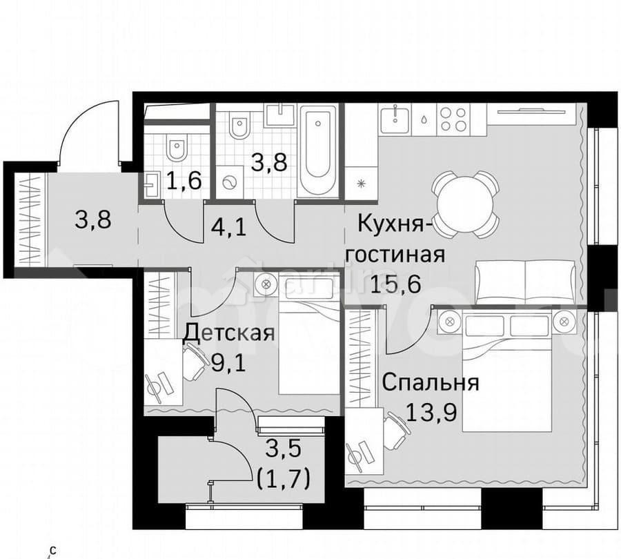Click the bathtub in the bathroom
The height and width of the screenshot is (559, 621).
click(318, 150)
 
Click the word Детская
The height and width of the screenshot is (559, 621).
click(229, 333)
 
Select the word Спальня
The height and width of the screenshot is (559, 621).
click(430, 382)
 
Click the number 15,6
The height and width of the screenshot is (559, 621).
click(395, 284)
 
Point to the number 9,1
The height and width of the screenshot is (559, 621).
click(228, 363)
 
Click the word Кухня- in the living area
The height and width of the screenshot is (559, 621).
click(395, 225)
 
